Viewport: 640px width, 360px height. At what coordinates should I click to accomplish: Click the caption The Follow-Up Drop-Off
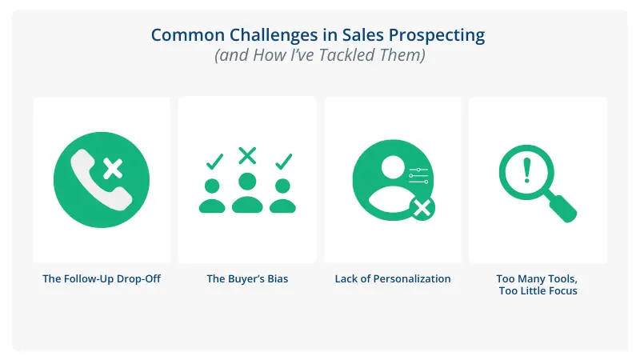(x=102, y=279)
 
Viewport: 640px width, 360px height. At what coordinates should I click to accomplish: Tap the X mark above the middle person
(x=248, y=155)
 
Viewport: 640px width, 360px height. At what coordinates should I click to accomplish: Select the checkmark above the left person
(x=214, y=162)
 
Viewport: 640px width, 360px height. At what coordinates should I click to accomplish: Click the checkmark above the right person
(x=283, y=162)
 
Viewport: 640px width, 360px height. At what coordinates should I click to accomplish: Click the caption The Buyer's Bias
(x=247, y=279)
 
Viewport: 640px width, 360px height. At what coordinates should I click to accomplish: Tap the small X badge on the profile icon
(x=422, y=210)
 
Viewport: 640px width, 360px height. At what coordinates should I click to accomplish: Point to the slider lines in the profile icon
(x=418, y=176)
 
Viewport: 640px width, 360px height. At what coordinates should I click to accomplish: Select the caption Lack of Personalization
(x=393, y=279)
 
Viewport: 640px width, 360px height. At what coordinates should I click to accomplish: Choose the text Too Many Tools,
(x=537, y=279)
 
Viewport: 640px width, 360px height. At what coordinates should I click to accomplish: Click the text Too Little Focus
(x=537, y=291)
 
